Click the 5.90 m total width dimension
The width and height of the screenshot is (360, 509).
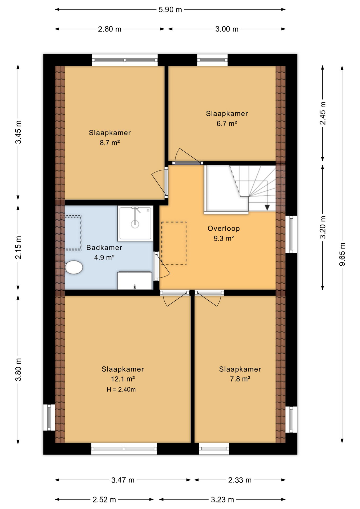[x=170, y=10]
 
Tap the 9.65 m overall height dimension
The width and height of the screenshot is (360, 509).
[x=342, y=254]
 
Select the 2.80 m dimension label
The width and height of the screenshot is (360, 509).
[x=109, y=29]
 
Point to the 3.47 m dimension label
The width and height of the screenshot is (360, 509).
[x=123, y=480]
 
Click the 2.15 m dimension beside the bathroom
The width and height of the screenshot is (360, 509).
[x=18, y=247]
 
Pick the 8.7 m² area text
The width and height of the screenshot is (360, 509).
[x=110, y=143]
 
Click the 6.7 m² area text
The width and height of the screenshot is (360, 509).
[x=227, y=124]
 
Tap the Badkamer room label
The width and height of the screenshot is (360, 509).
[x=104, y=248]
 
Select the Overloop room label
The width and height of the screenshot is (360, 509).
[x=224, y=229]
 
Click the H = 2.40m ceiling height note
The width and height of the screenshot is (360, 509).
[x=121, y=389]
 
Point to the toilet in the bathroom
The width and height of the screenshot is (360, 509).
[x=74, y=267]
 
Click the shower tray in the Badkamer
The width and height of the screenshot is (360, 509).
[x=135, y=223]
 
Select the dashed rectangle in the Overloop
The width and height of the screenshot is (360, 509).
[x=174, y=243]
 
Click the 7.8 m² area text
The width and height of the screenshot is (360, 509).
[x=240, y=379]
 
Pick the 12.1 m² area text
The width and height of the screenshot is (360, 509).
[x=123, y=379]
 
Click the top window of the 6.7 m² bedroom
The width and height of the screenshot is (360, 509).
[x=212, y=60]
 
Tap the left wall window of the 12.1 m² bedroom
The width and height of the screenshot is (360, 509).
[x=49, y=417]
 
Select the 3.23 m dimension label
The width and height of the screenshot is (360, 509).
[x=222, y=500]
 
